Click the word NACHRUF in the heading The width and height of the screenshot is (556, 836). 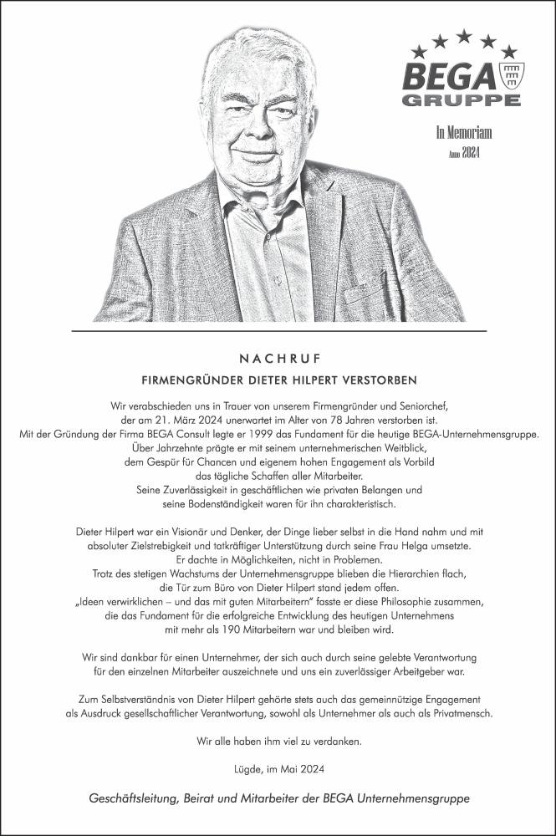(x=278, y=359)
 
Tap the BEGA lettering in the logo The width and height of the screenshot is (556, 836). (x=451, y=77)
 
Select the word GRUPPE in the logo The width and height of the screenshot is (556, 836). (x=462, y=100)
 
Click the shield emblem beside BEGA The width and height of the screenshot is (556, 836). (x=510, y=76)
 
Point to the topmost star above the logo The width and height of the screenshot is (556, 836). (x=464, y=35)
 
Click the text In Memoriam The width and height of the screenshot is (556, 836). (x=463, y=132)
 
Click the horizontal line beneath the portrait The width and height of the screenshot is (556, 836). (x=278, y=331)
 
